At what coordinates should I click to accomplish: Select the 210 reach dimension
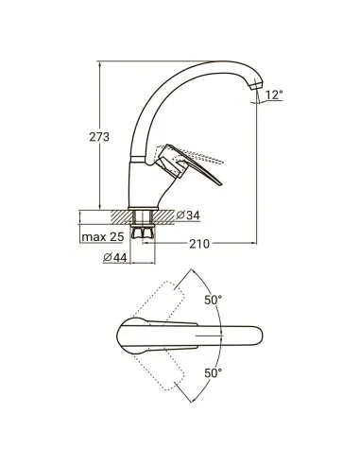click(x=197, y=245)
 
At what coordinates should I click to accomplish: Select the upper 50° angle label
click(x=213, y=301)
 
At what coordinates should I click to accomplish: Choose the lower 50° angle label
click(x=213, y=372)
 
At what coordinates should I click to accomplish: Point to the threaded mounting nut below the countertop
click(x=147, y=230)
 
